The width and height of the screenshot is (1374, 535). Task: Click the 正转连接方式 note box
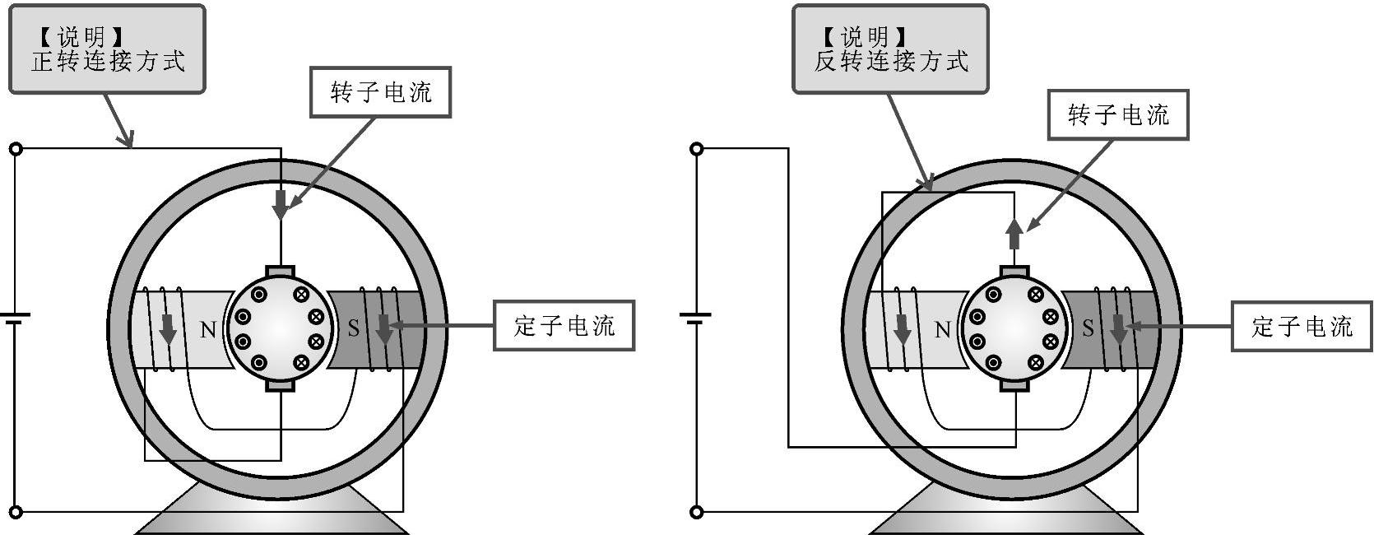pos(107,49)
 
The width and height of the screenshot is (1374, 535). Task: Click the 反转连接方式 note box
pos(890,49)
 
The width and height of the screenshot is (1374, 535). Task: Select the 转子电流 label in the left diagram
pos(381,92)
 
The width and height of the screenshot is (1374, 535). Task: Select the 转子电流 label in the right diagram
pos(1118,115)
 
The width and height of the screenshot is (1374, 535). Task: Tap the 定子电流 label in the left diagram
pos(564,326)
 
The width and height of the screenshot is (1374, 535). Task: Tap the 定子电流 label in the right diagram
pos(1302,327)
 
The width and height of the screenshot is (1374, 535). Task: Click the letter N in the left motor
pos(208,330)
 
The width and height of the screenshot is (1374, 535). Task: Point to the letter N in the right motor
pos(943,330)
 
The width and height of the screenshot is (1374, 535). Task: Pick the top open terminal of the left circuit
pos(15,149)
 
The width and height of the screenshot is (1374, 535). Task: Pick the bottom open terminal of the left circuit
pos(15,512)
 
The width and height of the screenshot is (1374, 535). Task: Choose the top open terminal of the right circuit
pos(697,149)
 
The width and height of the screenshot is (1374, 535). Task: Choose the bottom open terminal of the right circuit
pos(697,512)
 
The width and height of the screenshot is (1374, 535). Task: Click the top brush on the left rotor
pos(281,271)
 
